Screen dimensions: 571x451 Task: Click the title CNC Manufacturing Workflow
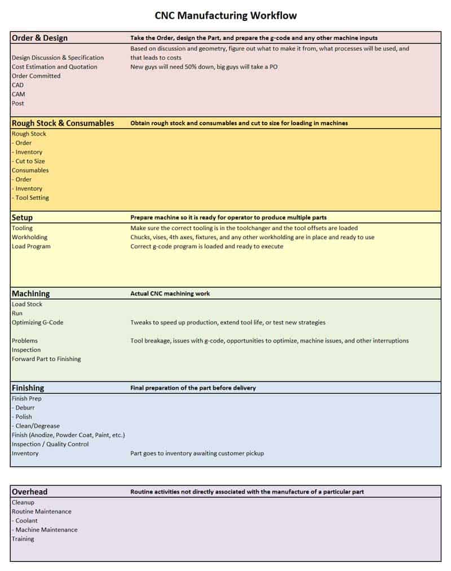click(225, 15)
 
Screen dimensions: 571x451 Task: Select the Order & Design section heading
click(39, 38)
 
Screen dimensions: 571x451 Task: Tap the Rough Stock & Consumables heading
click(63, 123)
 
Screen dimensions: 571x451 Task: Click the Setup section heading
click(22, 217)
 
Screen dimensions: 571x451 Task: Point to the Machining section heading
click(30, 293)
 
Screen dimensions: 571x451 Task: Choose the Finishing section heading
click(28, 388)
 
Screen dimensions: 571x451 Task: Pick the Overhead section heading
click(29, 491)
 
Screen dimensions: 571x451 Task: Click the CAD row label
click(18, 85)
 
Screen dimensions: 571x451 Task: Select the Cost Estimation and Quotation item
click(54, 67)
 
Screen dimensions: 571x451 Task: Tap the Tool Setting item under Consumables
click(32, 197)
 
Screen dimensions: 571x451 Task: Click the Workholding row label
click(29, 237)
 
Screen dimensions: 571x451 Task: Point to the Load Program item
click(31, 246)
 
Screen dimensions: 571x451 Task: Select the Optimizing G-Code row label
click(37, 322)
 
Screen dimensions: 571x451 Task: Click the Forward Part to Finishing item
click(46, 359)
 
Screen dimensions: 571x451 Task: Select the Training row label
click(23, 539)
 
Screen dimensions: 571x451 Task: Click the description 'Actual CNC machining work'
click(170, 293)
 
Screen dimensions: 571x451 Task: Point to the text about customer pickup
click(197, 453)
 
